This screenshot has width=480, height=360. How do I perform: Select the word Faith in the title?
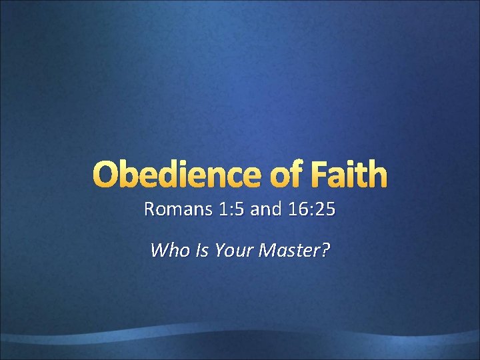pyautogui.click(x=349, y=175)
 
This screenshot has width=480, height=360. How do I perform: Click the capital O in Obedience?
pyautogui.click(x=107, y=175)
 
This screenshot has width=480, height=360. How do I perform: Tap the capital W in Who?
pyautogui.click(x=158, y=251)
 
